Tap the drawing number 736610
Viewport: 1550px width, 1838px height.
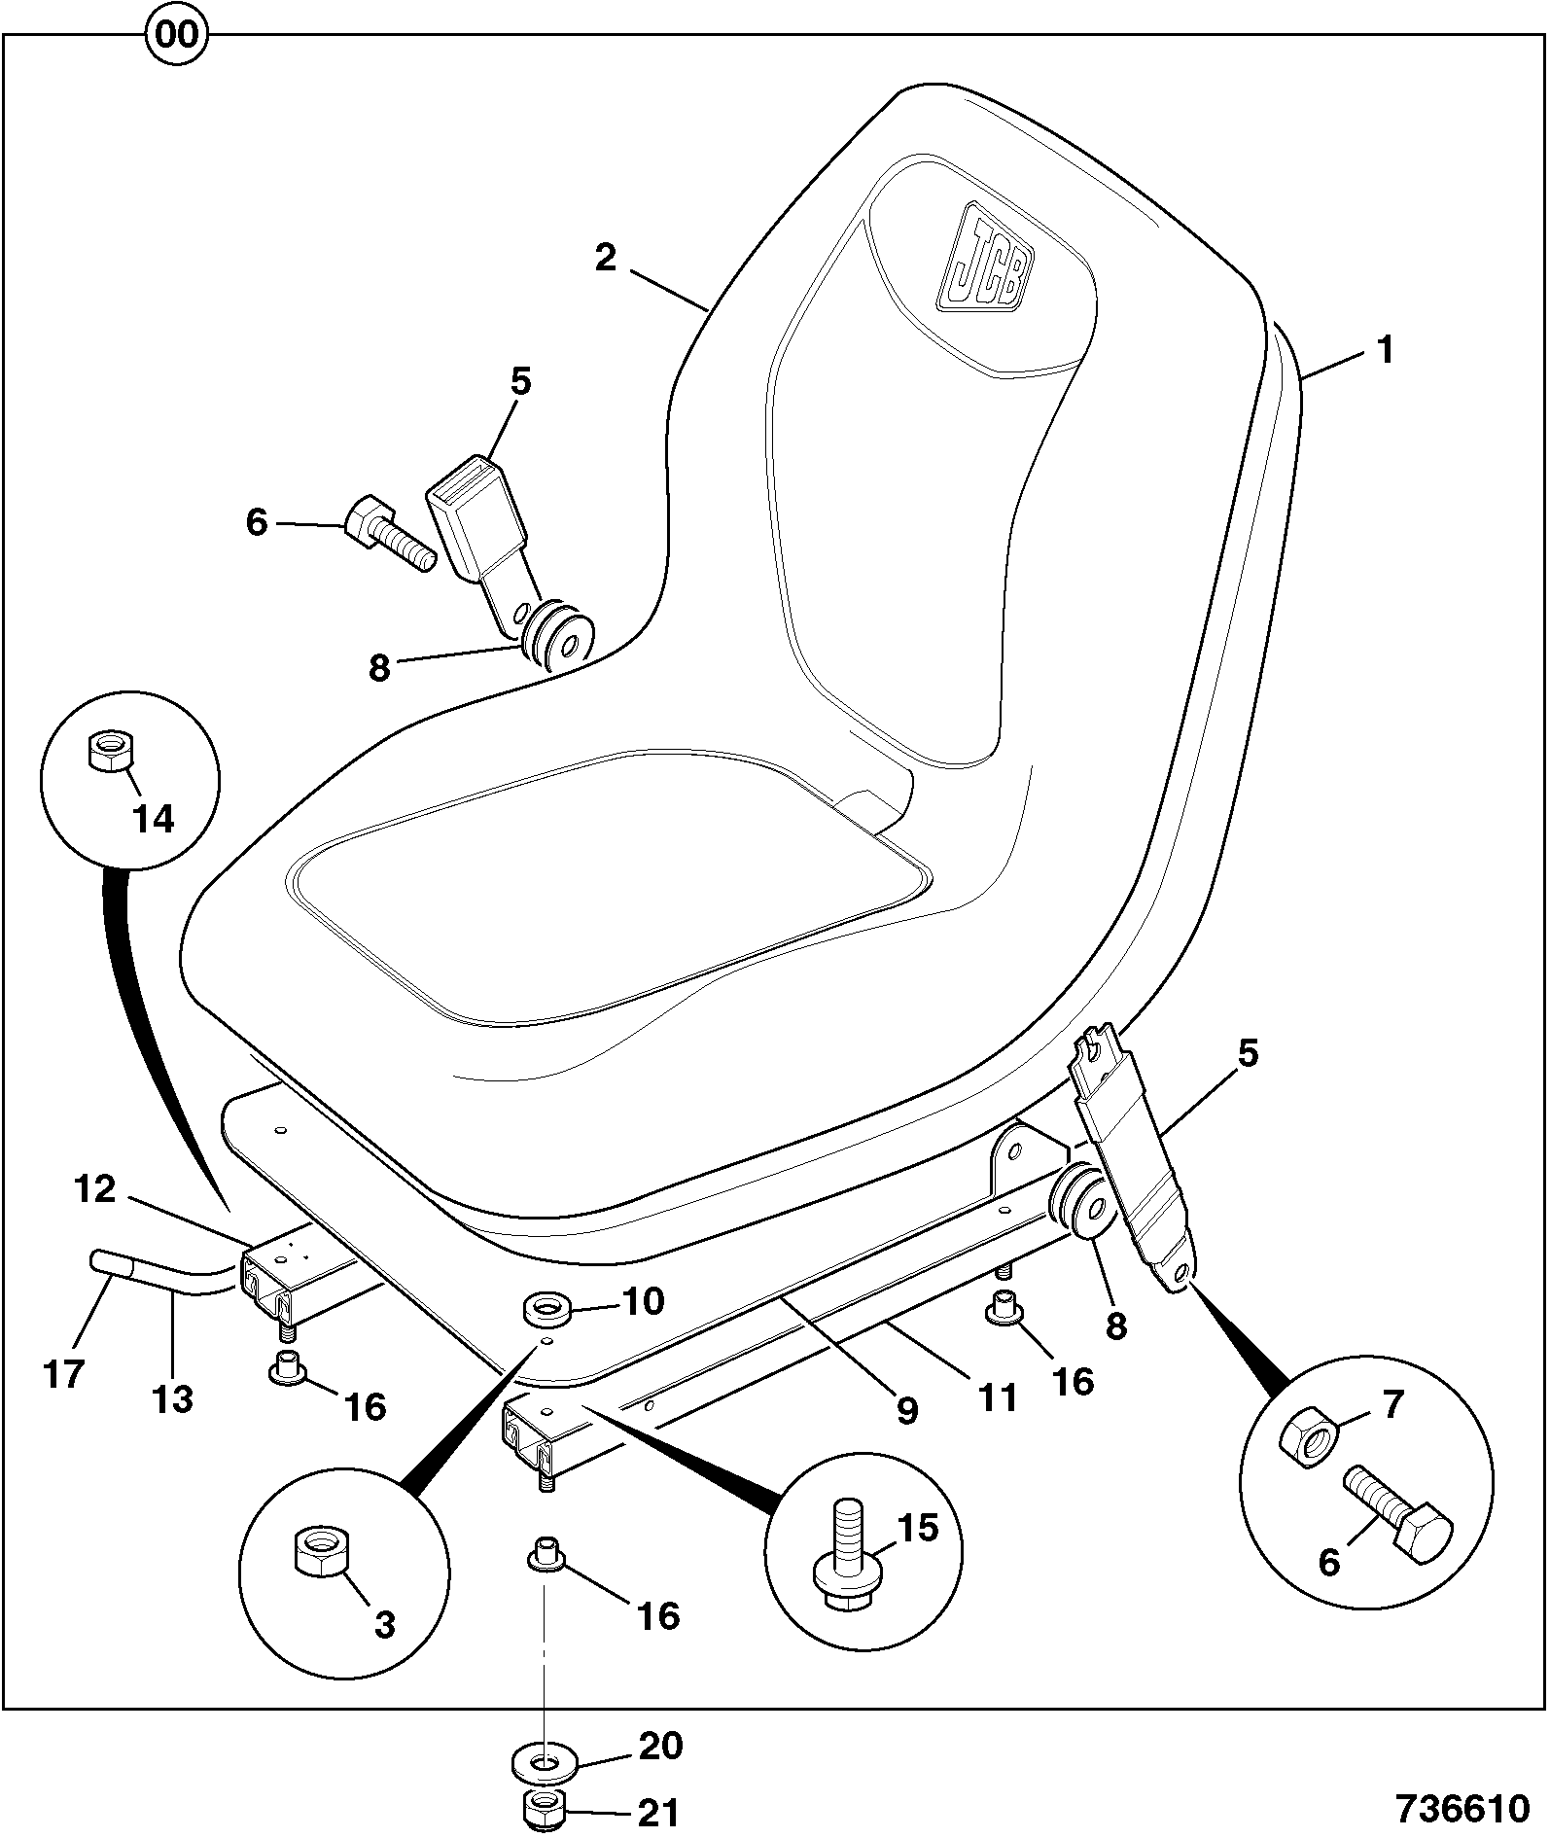1462,1807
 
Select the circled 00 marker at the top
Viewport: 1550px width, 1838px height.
176,36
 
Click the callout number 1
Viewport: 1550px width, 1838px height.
1385,349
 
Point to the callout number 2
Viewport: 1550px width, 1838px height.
605,258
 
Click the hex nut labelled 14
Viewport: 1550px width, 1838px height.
110,752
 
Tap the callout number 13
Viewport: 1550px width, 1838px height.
172,1399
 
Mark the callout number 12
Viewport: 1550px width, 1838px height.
95,1189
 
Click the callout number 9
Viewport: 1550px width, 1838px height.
907,1409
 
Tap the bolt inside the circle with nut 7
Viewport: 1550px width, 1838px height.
1398,1519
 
